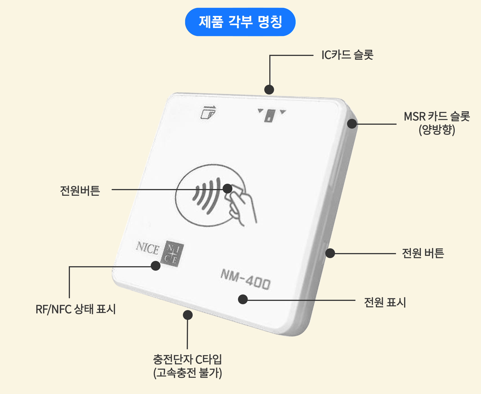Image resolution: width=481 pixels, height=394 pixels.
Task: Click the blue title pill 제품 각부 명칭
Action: click(240, 22)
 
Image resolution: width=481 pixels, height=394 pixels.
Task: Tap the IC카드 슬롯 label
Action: click(347, 55)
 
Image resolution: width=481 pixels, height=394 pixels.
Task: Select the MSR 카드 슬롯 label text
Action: click(437, 116)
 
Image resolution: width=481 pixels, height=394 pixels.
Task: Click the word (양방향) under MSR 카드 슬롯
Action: click(437, 130)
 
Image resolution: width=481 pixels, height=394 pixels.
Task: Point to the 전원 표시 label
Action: click(385, 302)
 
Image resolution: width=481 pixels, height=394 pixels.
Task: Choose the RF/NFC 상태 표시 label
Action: click(76, 309)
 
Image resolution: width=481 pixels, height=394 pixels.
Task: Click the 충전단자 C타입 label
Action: click(187, 359)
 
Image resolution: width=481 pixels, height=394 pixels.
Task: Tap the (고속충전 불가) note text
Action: click(187, 373)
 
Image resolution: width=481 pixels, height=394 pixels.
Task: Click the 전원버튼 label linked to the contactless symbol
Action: click(80, 191)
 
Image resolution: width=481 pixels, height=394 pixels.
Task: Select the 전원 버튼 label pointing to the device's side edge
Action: click(423, 253)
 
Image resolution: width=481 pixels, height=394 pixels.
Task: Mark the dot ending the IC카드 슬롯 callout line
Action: click(269, 90)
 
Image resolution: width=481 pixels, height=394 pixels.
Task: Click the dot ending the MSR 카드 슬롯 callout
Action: click(352, 124)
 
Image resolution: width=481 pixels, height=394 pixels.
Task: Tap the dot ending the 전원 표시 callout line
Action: click(243, 299)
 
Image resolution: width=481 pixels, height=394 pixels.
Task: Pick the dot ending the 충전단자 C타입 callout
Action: click(188, 315)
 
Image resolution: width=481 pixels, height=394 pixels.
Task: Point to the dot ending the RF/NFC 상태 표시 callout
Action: click(155, 266)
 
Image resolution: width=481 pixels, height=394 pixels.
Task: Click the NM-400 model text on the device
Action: click(246, 279)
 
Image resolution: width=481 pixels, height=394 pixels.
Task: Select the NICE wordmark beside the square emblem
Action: click(147, 248)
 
